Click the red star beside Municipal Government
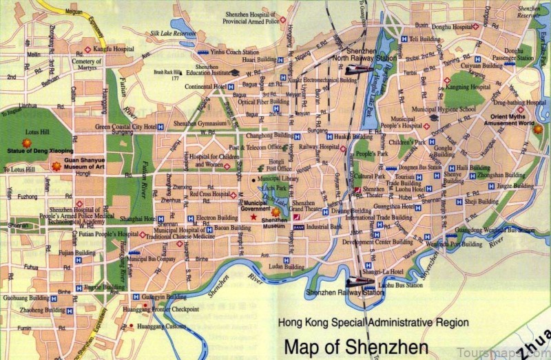click(x=253, y=218)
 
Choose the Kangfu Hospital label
click(x=114, y=50)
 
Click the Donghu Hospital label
click(x=451, y=27)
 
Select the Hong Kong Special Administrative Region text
click(x=373, y=322)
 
